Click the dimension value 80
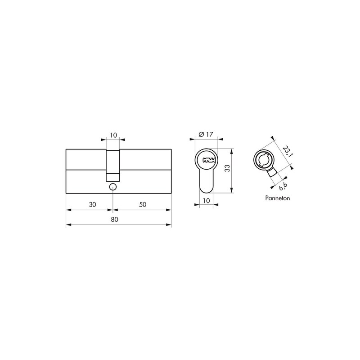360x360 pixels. coord(114,220)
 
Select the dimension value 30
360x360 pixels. coord(92,204)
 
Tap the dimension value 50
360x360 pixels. coord(143,204)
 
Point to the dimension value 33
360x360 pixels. coord(227,168)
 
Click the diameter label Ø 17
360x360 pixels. coord(206,134)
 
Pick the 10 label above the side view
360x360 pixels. coord(113,135)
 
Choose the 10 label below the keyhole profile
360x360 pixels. coord(207,201)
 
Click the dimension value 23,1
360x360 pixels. coord(287,151)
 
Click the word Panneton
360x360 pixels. coord(277,198)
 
